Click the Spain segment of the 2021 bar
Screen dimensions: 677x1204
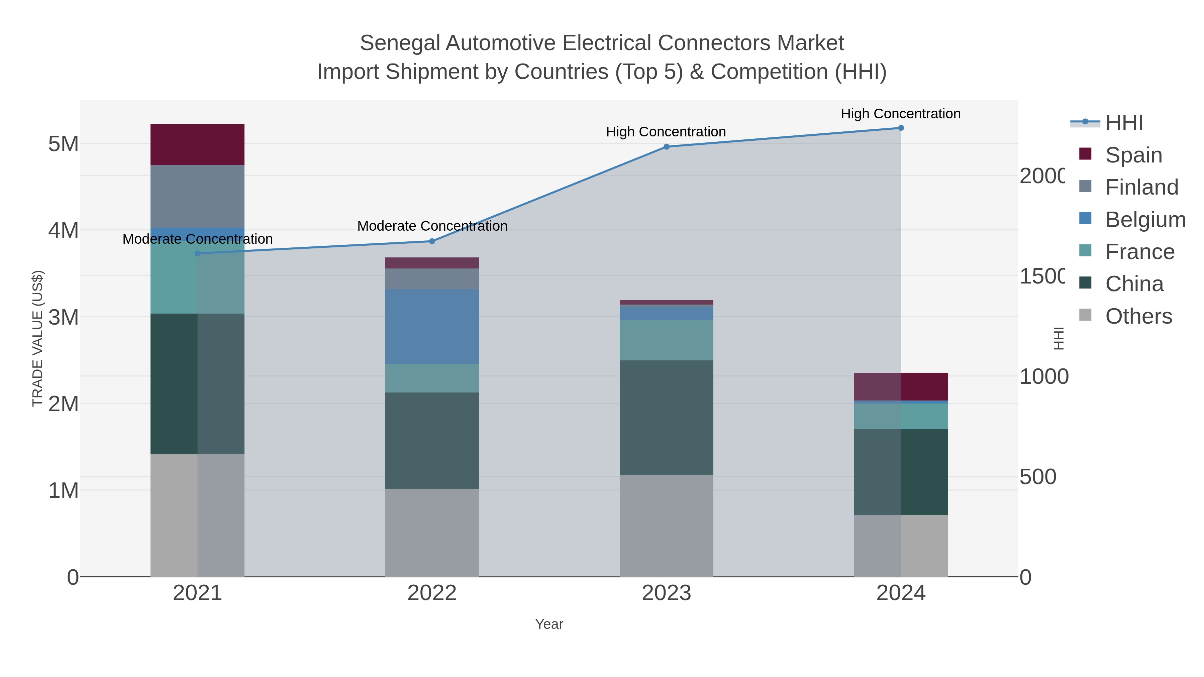point(197,144)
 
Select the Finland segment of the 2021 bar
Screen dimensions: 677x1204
point(197,196)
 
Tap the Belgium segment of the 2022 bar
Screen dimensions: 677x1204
point(432,326)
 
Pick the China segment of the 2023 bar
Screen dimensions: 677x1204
point(667,417)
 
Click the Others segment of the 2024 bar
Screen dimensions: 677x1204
point(901,546)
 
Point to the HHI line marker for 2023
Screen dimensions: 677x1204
point(667,147)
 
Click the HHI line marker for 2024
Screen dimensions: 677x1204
point(901,128)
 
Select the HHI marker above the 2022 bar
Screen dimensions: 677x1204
point(432,241)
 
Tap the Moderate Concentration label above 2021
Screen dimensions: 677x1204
point(197,239)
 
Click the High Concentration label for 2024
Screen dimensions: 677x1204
point(901,114)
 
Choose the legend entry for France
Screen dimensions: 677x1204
point(1139,252)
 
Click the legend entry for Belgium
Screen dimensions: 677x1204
point(1145,220)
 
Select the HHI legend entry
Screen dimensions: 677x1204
point(1124,122)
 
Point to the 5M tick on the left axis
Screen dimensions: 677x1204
point(64,144)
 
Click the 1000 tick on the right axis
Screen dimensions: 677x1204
point(1043,376)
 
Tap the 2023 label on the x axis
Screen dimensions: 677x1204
point(667,593)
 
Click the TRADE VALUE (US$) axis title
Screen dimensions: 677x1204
point(37,338)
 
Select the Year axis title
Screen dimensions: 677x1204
point(549,624)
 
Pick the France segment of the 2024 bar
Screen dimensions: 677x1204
point(901,416)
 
